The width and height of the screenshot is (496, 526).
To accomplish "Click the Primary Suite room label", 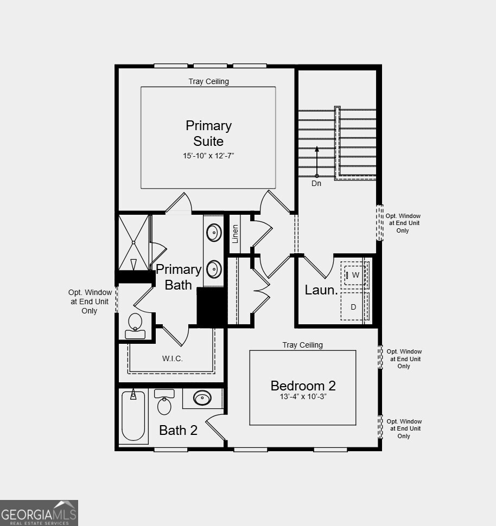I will point(208,133).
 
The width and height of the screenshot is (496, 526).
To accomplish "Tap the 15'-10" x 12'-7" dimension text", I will point(208,156).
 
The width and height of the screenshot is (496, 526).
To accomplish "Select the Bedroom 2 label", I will point(303,386).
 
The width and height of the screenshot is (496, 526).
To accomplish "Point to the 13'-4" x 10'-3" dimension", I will point(303,396).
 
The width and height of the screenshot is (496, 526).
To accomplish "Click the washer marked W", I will point(355,275).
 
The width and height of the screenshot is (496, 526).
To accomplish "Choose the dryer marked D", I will point(354,307).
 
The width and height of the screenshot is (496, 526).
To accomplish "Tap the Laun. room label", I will point(321,290).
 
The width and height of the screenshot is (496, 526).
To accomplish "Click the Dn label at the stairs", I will point(316,184).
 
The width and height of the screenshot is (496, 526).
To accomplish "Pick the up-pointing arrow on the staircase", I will point(317,160).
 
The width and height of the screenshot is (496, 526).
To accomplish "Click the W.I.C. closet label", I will point(172,358).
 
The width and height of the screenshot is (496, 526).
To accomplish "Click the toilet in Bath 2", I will point(164,403).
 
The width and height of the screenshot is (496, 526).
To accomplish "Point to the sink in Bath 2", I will point(202,399).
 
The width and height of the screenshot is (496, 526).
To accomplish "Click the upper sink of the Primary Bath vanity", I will point(214,233).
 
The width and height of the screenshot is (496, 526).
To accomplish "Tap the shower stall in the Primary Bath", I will point(133,241).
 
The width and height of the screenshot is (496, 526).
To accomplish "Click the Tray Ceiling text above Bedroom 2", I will point(302,345).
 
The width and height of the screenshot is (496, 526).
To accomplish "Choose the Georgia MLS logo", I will point(39,512).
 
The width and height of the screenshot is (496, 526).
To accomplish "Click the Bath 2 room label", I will point(178,431).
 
